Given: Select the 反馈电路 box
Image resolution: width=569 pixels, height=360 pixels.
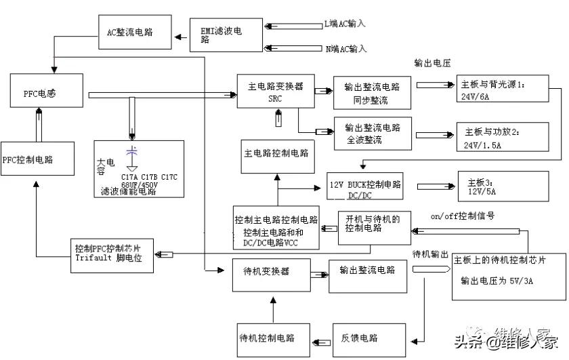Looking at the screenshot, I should [x=359, y=338].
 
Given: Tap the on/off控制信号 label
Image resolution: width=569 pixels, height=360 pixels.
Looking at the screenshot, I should [x=461, y=216].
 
